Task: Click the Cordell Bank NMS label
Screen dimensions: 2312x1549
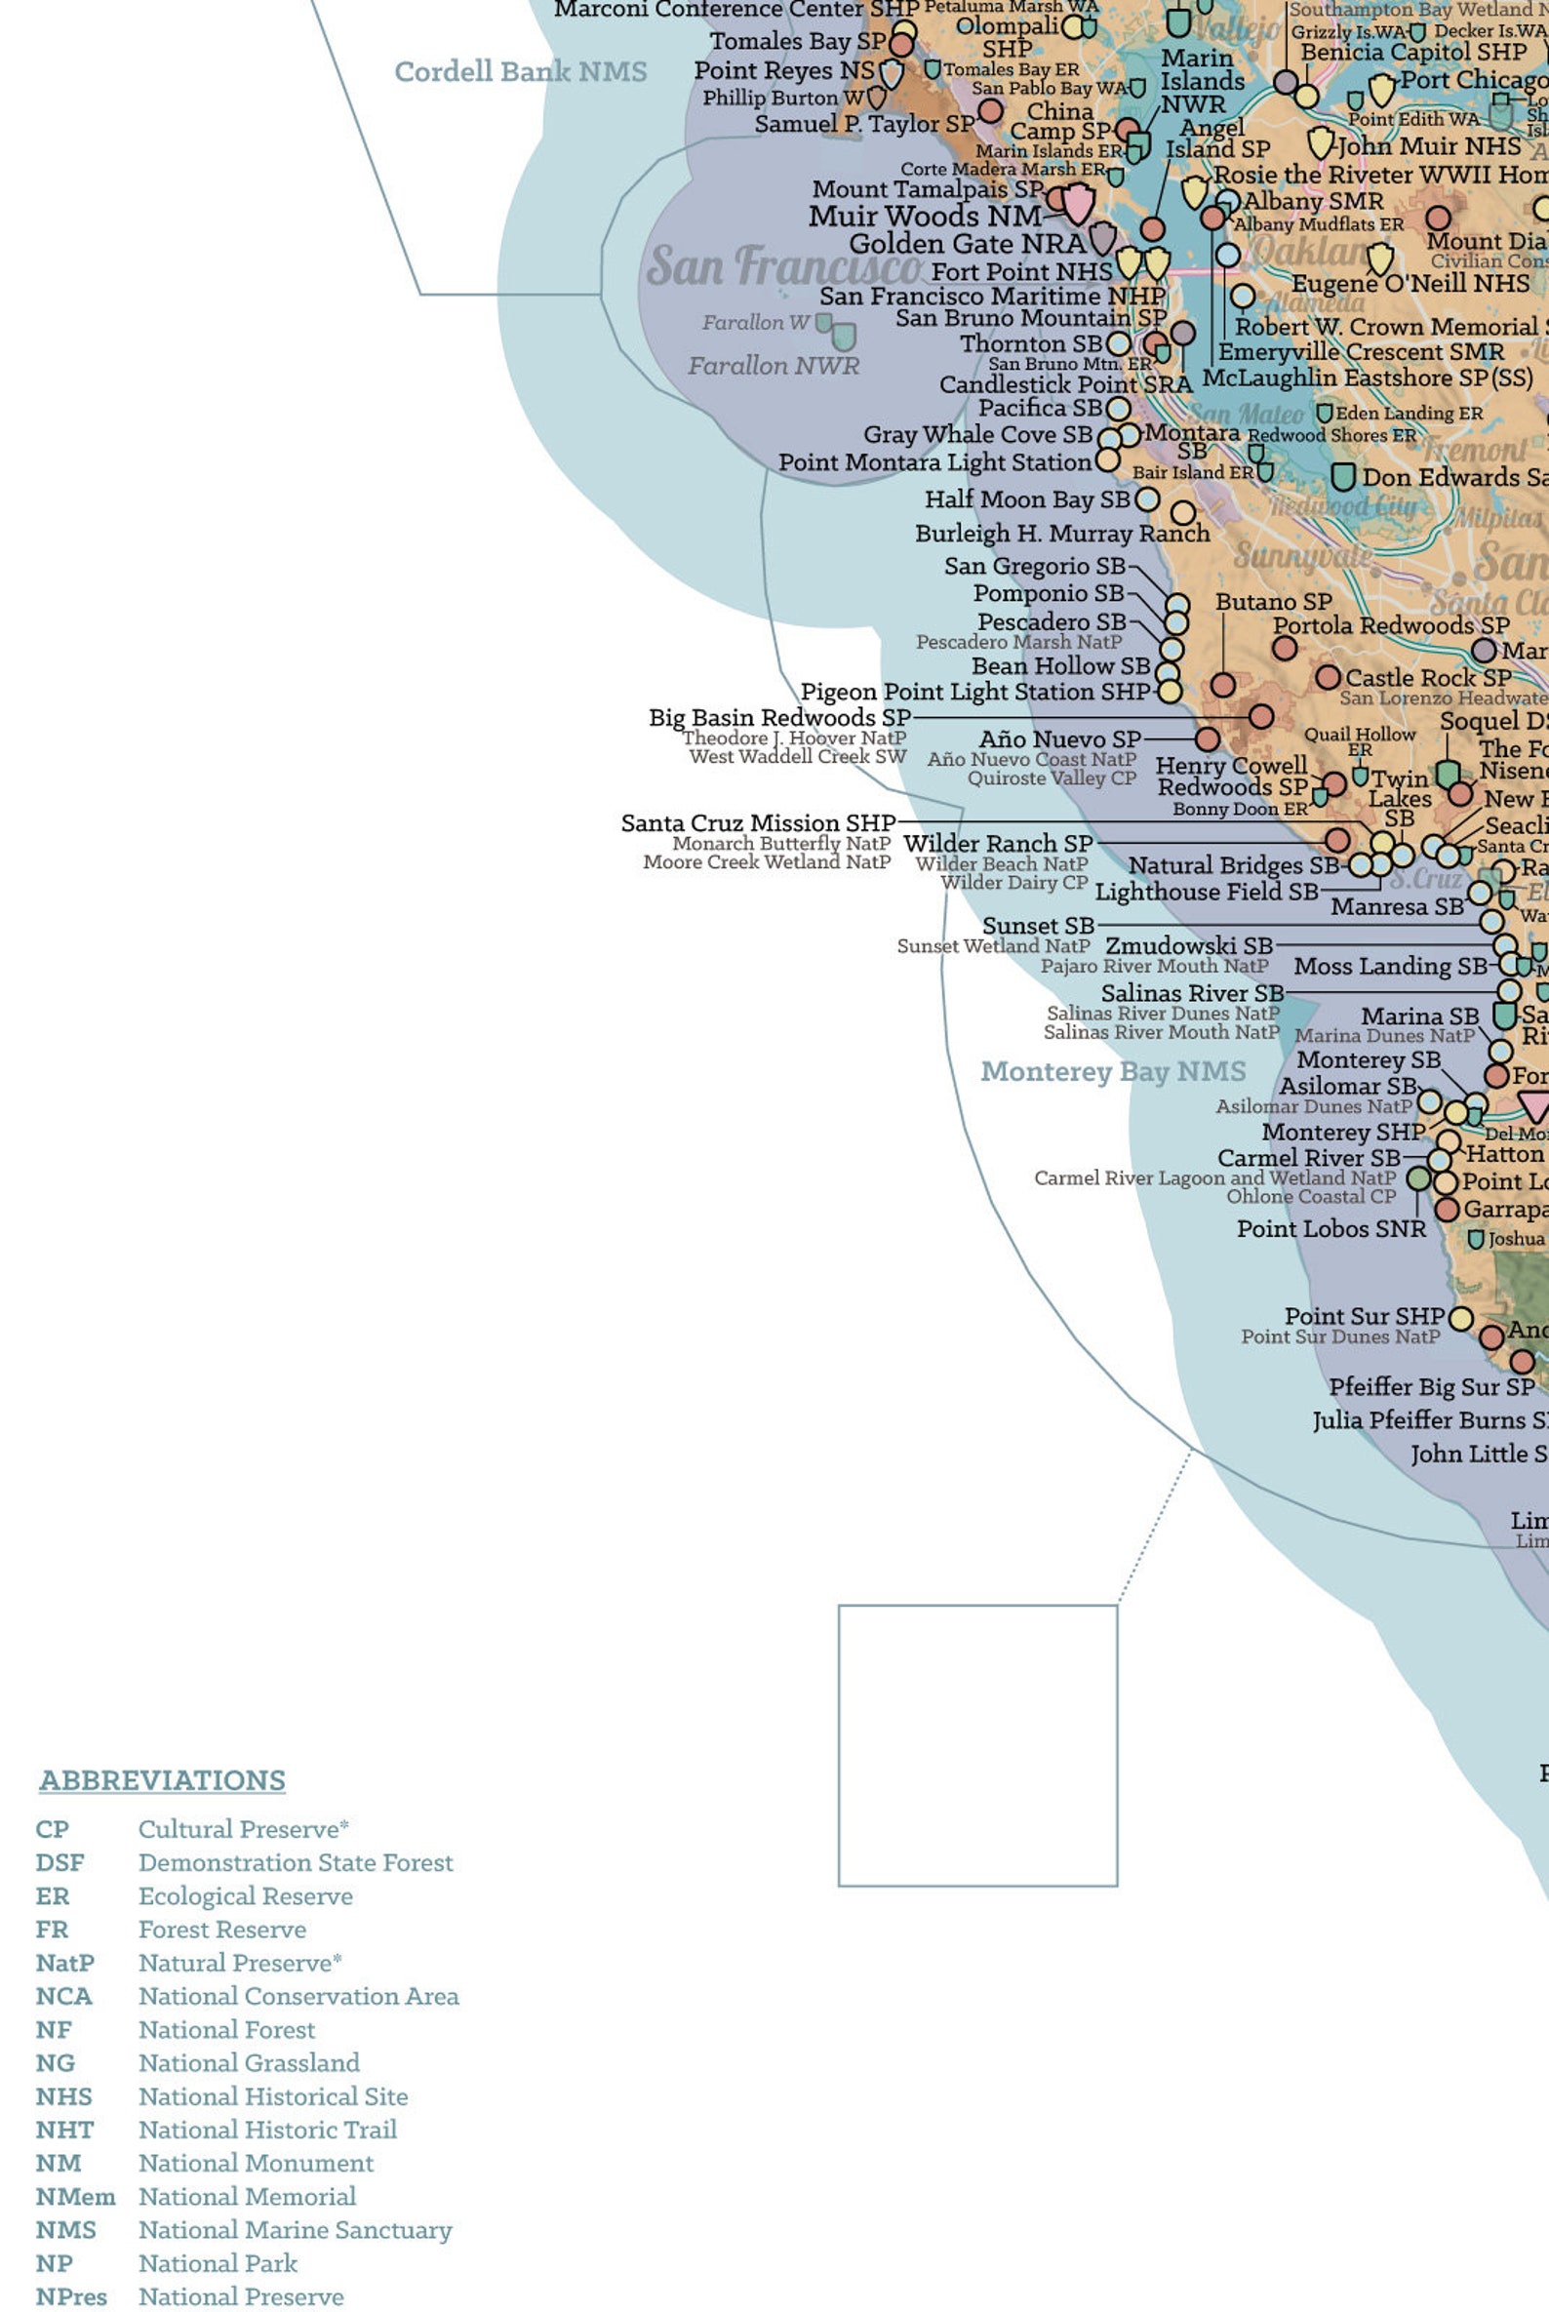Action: point(521,71)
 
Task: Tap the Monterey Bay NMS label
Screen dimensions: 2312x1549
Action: point(1112,1071)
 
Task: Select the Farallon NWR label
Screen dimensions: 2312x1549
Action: point(774,366)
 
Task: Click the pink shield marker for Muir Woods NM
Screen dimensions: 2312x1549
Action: point(1078,206)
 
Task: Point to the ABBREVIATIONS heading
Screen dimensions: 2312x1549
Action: point(162,1779)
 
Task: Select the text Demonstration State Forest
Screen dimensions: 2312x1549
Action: point(296,1861)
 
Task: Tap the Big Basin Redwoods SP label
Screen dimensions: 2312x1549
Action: point(779,717)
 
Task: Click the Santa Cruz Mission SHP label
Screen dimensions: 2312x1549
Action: point(758,823)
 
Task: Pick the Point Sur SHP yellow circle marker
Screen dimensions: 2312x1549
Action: point(1460,1319)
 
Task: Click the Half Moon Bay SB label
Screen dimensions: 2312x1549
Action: point(1026,498)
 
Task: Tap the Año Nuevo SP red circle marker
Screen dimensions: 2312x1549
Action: point(1208,739)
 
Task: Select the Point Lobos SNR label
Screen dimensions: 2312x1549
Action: point(1331,1228)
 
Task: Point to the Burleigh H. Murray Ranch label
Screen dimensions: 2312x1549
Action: point(1062,534)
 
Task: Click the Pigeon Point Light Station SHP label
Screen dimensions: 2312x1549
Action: point(975,692)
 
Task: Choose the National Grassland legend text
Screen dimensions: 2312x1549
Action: point(249,2062)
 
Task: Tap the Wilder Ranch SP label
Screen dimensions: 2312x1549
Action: point(998,844)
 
